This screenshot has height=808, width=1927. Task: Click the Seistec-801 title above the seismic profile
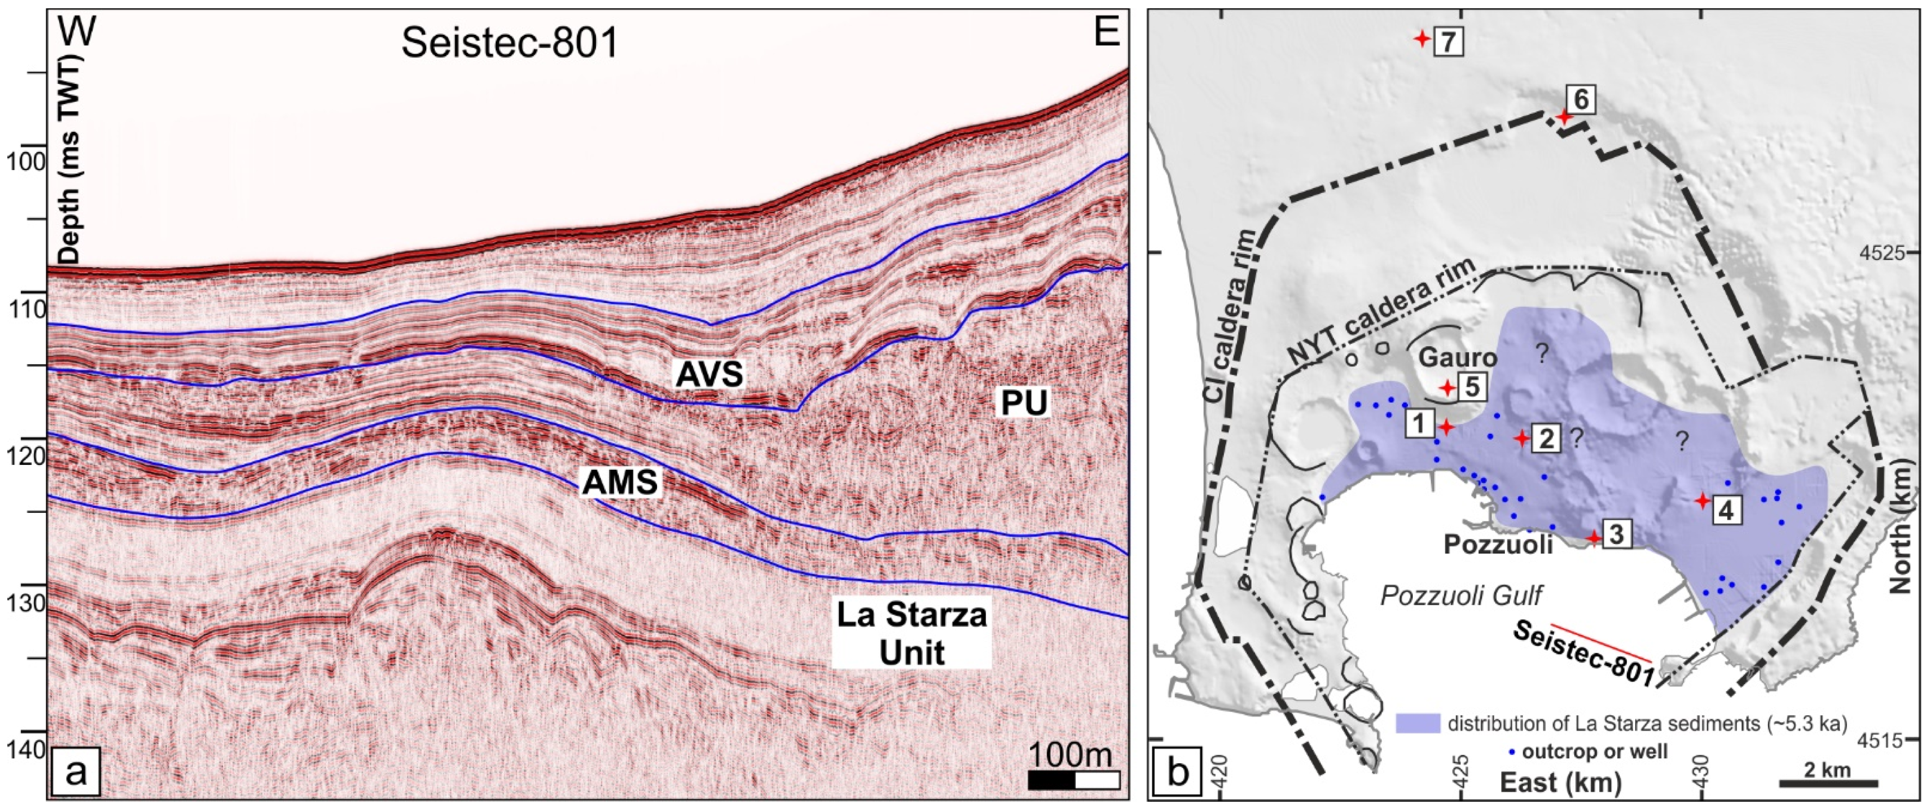pos(510,43)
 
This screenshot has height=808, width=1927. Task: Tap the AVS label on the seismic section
pos(709,374)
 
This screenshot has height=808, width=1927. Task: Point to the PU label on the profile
pos(1024,404)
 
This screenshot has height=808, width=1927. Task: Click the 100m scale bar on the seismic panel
pos(1074,779)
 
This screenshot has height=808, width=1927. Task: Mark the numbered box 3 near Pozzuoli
pos(1615,535)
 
